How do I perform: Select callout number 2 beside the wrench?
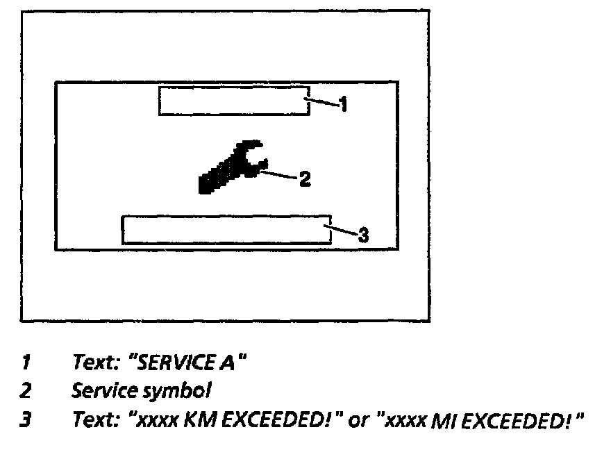(304, 180)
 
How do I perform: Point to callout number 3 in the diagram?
(362, 233)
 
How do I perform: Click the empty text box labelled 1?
(234, 101)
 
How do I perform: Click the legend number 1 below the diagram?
(26, 362)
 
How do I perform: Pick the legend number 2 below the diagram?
(26, 391)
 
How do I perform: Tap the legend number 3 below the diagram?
(26, 421)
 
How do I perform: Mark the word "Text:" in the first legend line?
(94, 362)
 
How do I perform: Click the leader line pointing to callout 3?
(342, 230)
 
